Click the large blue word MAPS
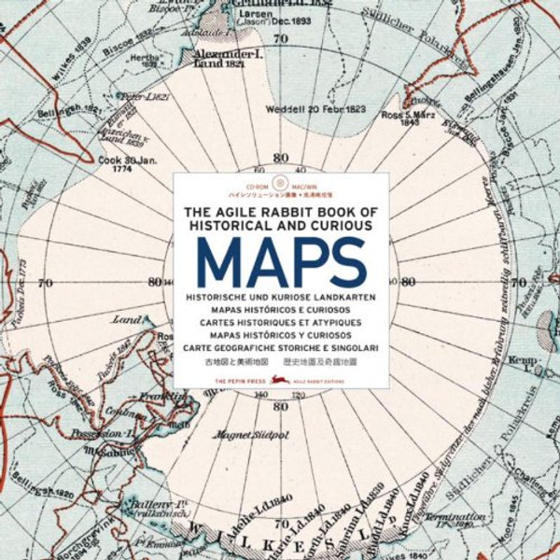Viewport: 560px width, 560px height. tap(280, 260)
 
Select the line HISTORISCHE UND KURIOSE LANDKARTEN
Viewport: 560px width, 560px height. tap(280, 296)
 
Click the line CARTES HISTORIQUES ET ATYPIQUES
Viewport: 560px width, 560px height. tap(280, 321)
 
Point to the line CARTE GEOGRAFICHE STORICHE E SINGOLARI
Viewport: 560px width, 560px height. tap(280, 346)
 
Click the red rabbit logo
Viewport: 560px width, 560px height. tap(271, 371)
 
